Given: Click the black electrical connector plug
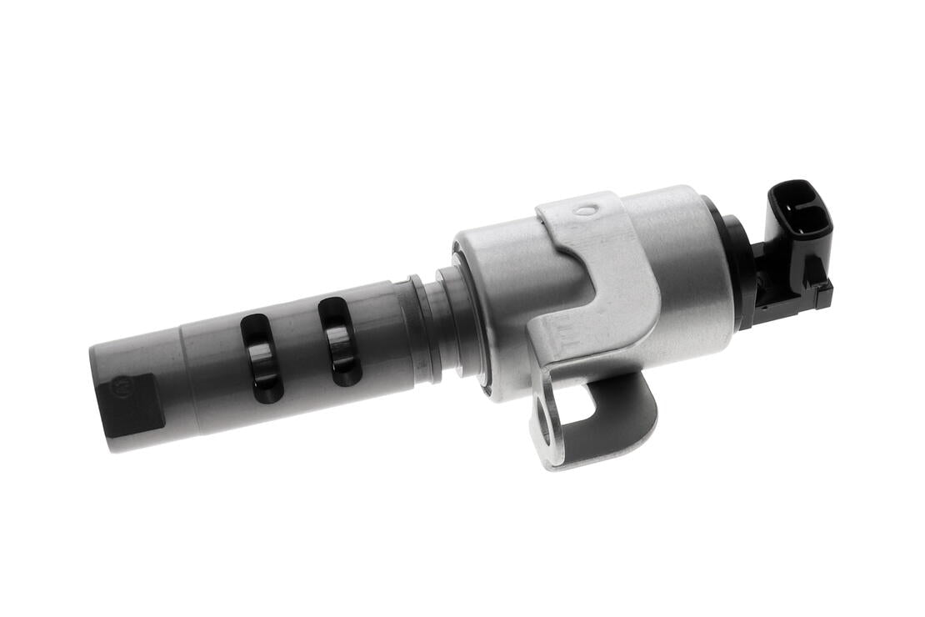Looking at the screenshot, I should coord(798,242).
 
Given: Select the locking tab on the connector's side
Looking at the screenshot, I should coord(822,293).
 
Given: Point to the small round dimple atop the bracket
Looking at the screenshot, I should coord(587,210).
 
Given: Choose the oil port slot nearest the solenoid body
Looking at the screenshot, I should coord(339,342).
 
